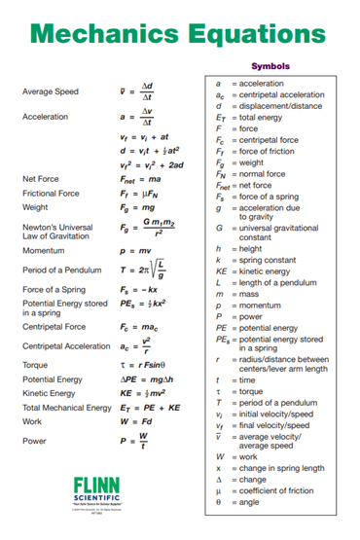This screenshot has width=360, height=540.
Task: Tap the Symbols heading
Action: click(270, 66)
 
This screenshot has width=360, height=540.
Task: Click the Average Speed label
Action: click(50, 92)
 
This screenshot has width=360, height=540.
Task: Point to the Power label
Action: click(33, 441)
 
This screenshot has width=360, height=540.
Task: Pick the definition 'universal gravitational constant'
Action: click(281, 232)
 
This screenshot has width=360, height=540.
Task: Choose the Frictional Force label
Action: click(52, 193)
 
